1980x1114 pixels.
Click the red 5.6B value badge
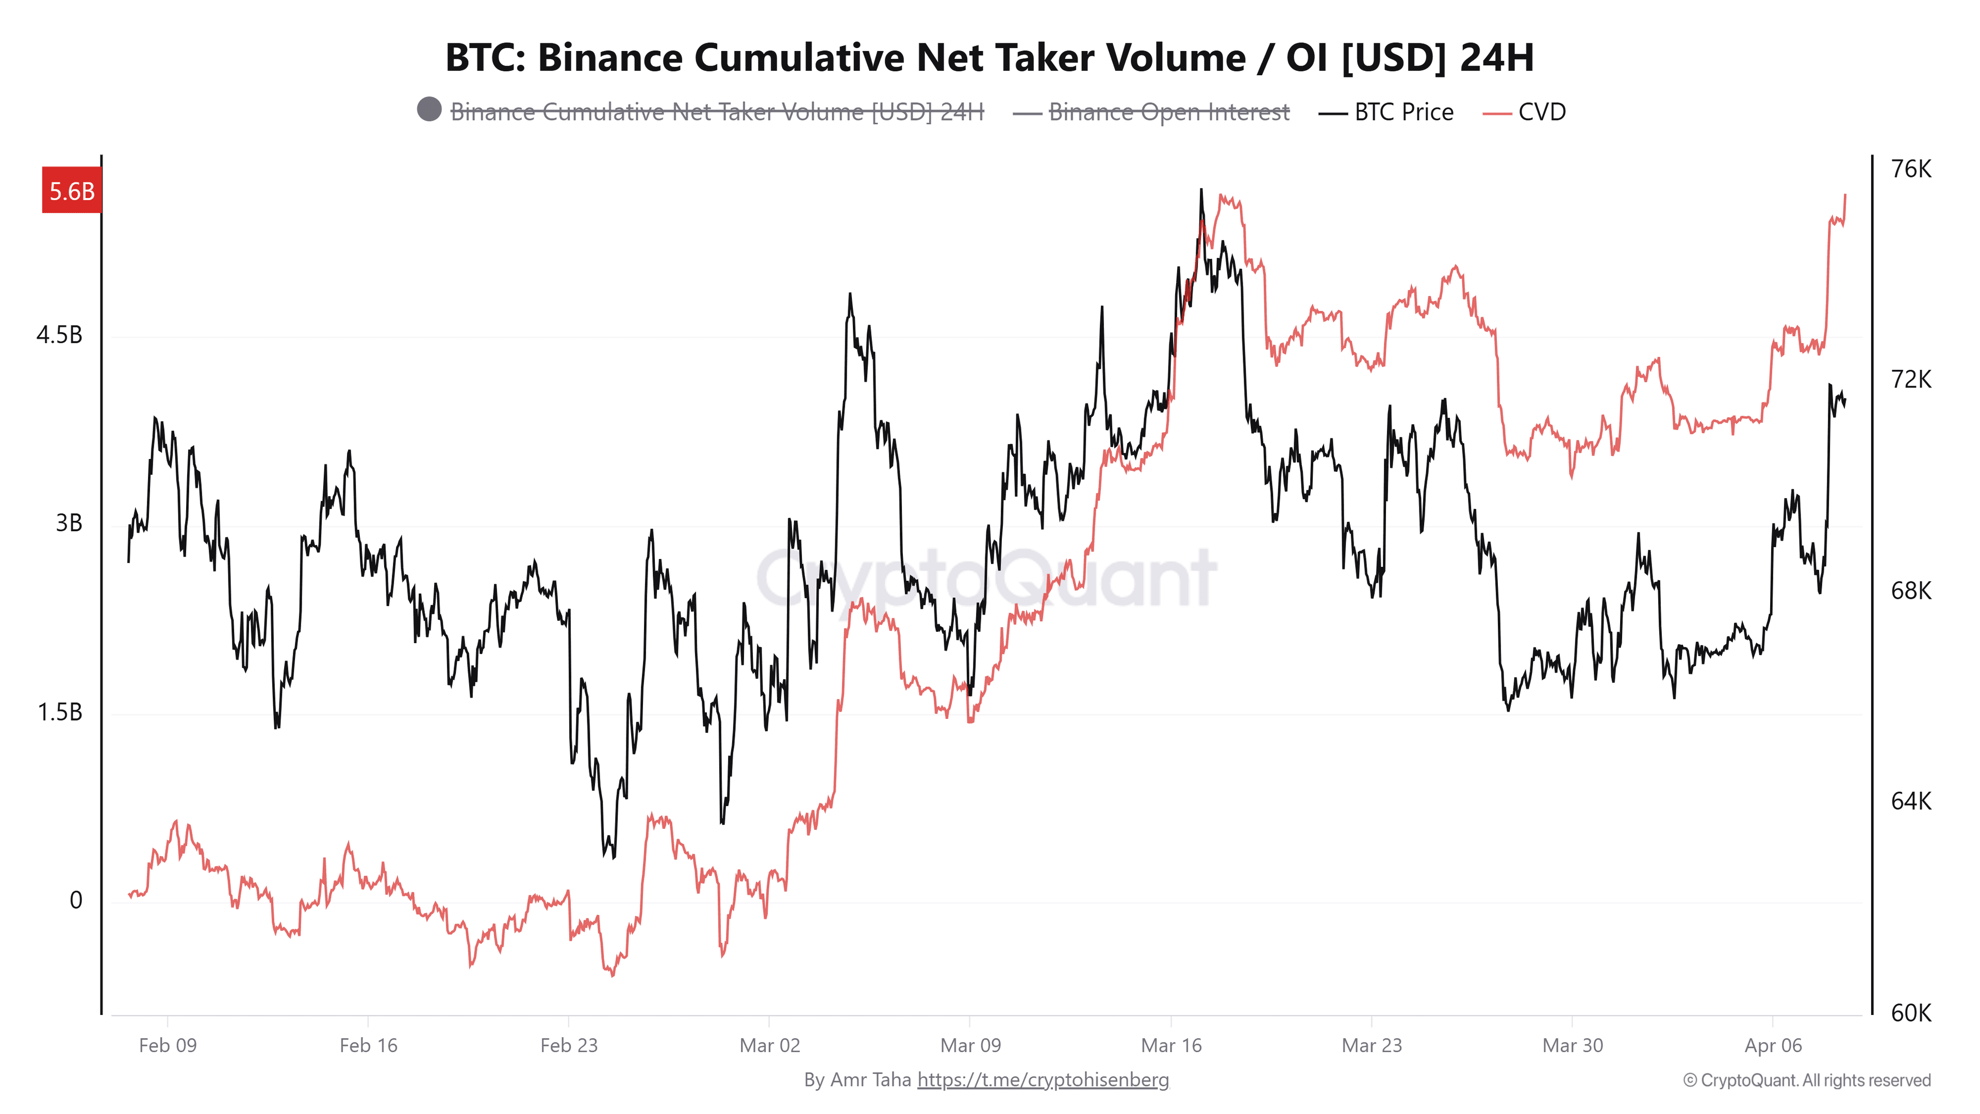[x=72, y=191]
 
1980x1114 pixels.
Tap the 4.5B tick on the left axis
[x=59, y=335]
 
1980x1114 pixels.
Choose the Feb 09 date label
[x=168, y=1045]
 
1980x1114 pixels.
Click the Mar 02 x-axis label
[x=769, y=1045]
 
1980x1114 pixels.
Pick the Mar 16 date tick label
[x=1170, y=1045]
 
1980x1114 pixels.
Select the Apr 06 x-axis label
[x=1773, y=1045]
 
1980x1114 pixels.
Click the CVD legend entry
[x=1541, y=112]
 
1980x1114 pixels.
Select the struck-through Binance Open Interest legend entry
[x=1168, y=112]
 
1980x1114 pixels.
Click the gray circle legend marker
[x=429, y=109]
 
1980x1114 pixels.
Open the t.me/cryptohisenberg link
[x=1043, y=1079]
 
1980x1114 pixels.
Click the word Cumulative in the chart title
[x=798, y=58]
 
